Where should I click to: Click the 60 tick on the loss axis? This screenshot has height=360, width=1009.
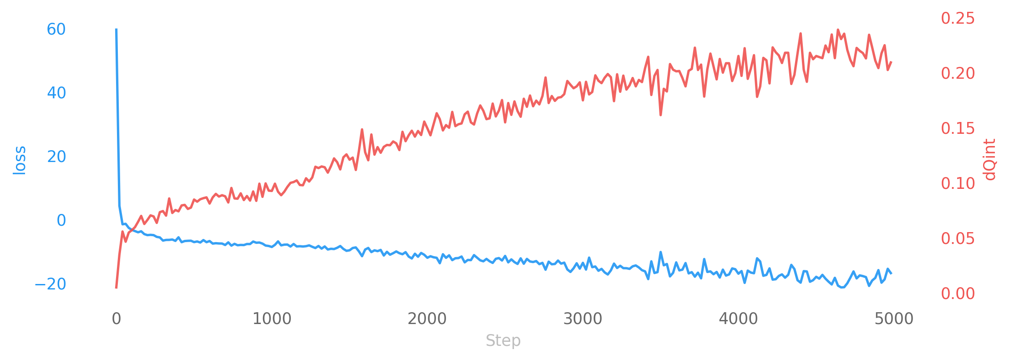tap(56, 30)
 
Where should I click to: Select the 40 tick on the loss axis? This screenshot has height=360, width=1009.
tap(56, 93)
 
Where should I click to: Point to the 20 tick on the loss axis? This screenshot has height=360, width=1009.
tap(56, 157)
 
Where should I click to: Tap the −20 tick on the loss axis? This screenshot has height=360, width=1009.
tap(50, 284)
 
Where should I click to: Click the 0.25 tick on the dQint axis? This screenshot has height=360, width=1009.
tap(958, 19)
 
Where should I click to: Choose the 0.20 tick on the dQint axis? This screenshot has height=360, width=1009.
tap(958, 73)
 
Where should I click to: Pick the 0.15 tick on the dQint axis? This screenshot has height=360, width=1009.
tap(958, 128)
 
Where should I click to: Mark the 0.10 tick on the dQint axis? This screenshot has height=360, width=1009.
tap(958, 183)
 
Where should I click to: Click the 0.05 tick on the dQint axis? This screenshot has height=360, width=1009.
tap(958, 238)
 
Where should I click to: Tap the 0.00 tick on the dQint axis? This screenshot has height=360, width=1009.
tap(958, 294)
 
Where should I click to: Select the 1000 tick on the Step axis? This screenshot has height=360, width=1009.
tap(272, 319)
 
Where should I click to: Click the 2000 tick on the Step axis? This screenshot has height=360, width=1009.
tap(427, 319)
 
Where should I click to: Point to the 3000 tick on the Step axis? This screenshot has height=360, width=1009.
tap(583, 319)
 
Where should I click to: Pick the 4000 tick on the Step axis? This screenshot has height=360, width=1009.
tap(738, 319)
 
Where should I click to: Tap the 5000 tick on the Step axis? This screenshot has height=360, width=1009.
tap(893, 319)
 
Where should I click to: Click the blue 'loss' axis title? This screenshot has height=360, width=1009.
tap(20, 160)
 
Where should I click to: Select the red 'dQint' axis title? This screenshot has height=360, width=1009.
tap(989, 160)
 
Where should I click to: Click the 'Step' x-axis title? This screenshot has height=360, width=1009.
tap(503, 340)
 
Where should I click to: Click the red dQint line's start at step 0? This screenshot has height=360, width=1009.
tap(116, 287)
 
